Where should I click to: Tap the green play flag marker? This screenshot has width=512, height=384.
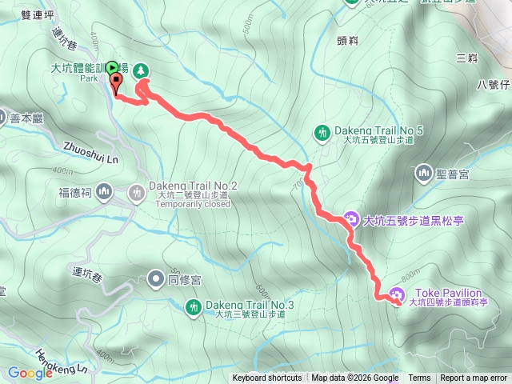[112, 67]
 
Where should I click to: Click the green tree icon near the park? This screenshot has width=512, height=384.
[141, 70]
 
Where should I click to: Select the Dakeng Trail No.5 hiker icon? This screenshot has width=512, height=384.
[322, 132]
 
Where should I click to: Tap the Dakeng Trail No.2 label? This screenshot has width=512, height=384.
[193, 186]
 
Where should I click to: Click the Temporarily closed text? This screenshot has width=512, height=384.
[193, 204]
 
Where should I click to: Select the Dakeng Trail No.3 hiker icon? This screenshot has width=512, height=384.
[193, 306]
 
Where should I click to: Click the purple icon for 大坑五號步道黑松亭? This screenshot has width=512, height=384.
[350, 218]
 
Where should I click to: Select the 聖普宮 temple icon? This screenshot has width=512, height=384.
[422, 172]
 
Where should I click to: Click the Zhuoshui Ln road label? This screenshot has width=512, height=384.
[90, 153]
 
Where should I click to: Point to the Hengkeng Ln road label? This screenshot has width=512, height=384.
[61, 359]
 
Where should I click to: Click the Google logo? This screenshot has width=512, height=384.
[30, 372]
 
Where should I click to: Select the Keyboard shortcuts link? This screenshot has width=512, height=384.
[267, 378]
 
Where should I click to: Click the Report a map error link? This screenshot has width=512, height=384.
[474, 378]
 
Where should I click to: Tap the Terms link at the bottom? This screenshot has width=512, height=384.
[419, 378]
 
